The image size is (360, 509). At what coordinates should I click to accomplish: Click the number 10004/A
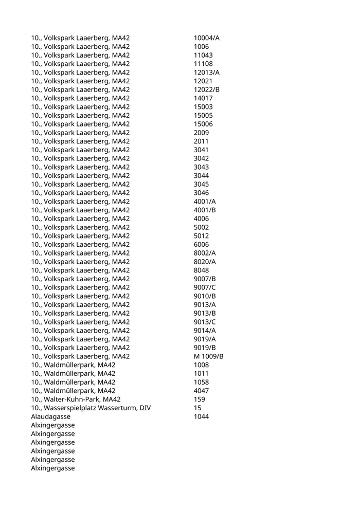click(207, 38)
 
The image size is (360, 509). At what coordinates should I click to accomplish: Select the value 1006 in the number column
click(201, 47)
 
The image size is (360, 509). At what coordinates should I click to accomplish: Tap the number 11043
click(203, 55)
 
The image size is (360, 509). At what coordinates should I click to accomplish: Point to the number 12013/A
click(207, 72)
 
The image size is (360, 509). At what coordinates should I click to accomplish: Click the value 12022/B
click(207, 89)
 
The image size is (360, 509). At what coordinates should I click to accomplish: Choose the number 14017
click(203, 98)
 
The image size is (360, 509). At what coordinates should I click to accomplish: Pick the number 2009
click(201, 133)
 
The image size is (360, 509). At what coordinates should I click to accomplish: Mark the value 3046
click(201, 193)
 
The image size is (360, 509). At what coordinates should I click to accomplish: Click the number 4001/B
click(205, 210)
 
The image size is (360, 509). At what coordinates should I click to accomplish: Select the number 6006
click(201, 244)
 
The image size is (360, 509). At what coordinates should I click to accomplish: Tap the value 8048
click(201, 270)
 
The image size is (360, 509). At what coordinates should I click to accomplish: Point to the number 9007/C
click(205, 287)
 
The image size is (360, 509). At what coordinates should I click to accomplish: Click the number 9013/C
click(205, 322)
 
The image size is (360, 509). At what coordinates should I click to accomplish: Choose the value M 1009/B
click(208, 356)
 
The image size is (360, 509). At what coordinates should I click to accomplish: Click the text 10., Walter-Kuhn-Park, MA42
click(76, 399)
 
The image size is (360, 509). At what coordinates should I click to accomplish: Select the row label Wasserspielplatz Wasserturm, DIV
click(91, 408)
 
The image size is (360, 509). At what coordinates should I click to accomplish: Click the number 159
click(199, 399)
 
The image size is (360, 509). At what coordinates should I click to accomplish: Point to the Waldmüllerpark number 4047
click(201, 391)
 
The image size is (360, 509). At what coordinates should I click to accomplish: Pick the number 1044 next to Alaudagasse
click(201, 416)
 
